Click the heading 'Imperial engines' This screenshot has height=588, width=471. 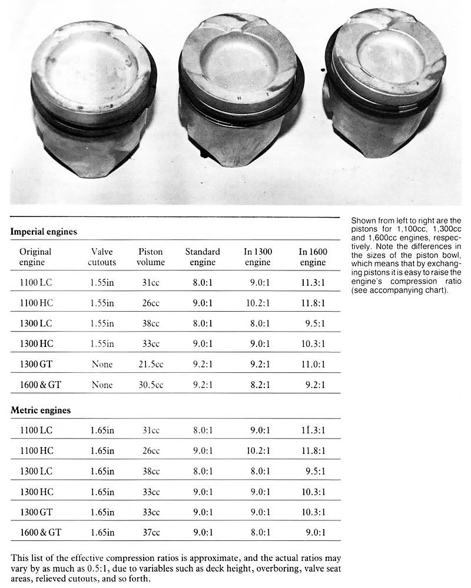(x=44, y=232)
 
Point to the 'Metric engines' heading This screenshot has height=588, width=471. (x=41, y=410)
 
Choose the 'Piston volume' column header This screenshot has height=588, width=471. (x=151, y=256)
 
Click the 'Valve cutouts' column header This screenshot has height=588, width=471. (x=102, y=256)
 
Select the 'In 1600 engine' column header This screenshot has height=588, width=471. (x=313, y=256)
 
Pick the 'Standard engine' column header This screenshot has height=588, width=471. (x=203, y=256)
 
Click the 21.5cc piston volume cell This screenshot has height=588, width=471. (x=151, y=364)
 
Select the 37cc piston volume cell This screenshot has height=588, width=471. (x=151, y=533)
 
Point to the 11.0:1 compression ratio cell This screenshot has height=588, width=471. (x=312, y=364)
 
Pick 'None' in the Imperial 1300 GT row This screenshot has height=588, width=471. (x=102, y=364)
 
